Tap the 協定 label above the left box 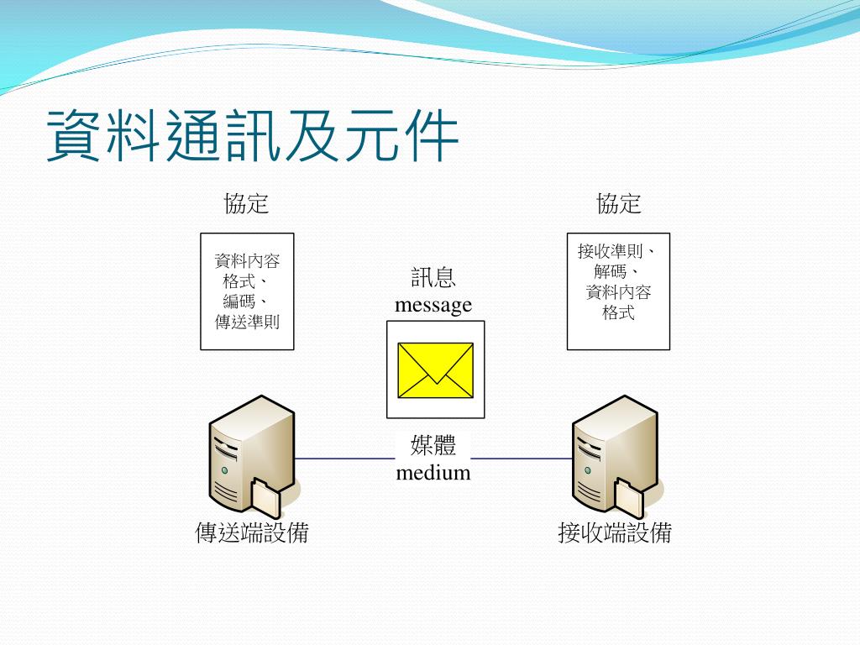pyautogui.click(x=246, y=203)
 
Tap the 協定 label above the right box pyautogui.click(x=619, y=203)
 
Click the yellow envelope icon pyautogui.click(x=435, y=370)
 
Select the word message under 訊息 pyautogui.click(x=433, y=305)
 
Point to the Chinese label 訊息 pyautogui.click(x=433, y=279)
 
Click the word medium pyautogui.click(x=433, y=473)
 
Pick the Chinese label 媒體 pyautogui.click(x=433, y=446)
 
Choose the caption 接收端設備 pyautogui.click(x=615, y=532)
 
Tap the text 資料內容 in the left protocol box pyautogui.click(x=247, y=261)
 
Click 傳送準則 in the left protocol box pyautogui.click(x=247, y=322)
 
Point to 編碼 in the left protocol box pyautogui.click(x=240, y=302)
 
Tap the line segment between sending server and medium pyautogui.click(x=344, y=459)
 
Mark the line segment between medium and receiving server pyautogui.click(x=521, y=459)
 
